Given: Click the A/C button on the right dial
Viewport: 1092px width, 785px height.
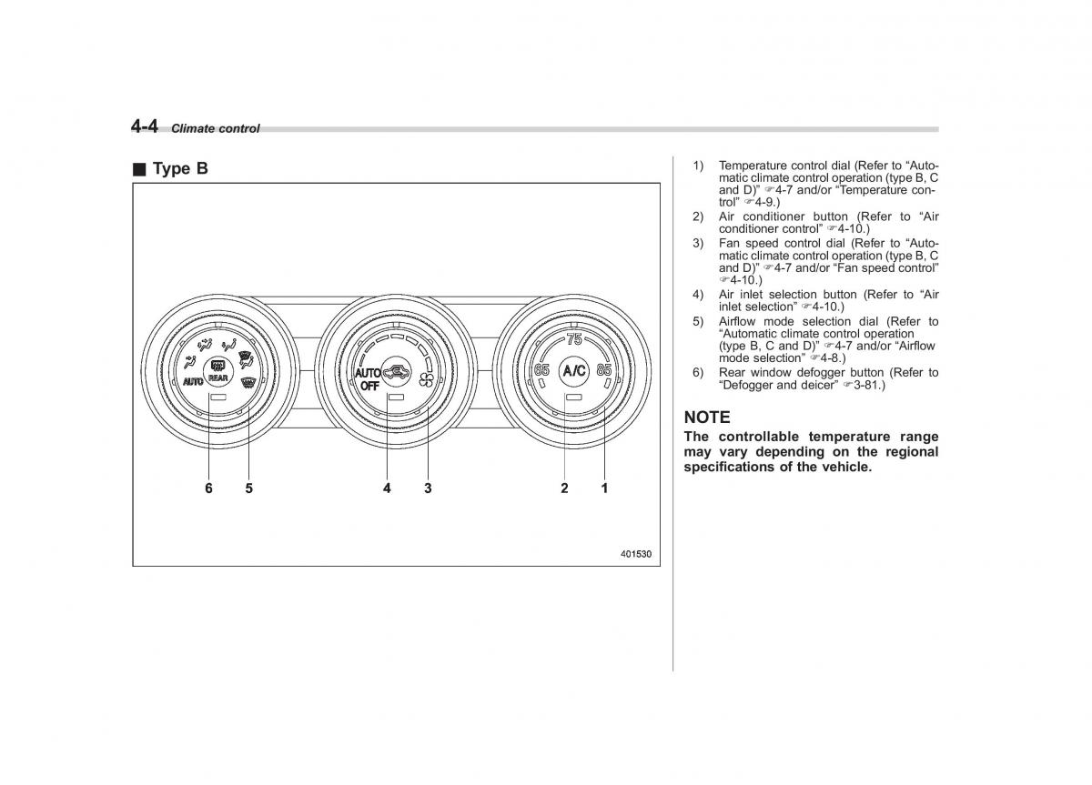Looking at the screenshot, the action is pyautogui.click(x=574, y=371).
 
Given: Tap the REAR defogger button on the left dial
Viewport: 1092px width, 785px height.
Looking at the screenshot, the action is pyautogui.click(x=217, y=372).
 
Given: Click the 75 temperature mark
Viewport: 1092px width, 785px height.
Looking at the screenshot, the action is pyautogui.click(x=574, y=339).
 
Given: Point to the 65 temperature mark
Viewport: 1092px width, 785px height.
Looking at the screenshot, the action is pyautogui.click(x=541, y=370).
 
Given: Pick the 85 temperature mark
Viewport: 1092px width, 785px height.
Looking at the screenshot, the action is pyautogui.click(x=604, y=370).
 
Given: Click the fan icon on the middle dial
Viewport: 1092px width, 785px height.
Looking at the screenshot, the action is pyautogui.click(x=426, y=380).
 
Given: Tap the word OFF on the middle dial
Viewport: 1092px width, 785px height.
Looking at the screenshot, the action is pyautogui.click(x=369, y=386).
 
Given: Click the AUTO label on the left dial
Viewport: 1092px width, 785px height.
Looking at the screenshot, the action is pyautogui.click(x=193, y=381).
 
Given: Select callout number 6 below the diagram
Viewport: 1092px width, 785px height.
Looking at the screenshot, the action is pyautogui.click(x=208, y=488).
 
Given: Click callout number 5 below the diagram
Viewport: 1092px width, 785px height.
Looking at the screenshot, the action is pyautogui.click(x=249, y=488).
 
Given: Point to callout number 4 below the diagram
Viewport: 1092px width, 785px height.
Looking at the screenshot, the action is pyautogui.click(x=387, y=488).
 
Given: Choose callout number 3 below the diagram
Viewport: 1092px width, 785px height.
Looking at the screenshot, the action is pyautogui.click(x=428, y=488).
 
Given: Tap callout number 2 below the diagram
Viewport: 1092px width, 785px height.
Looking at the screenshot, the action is pyautogui.click(x=564, y=488).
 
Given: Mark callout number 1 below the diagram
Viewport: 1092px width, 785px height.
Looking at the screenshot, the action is pyautogui.click(x=604, y=488).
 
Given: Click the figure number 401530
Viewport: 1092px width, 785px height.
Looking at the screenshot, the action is pyautogui.click(x=636, y=554).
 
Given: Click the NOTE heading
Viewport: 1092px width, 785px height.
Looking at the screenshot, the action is pyautogui.click(x=707, y=418).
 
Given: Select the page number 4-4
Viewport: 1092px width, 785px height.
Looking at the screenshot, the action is pyautogui.click(x=145, y=126).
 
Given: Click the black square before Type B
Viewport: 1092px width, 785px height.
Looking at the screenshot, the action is pyautogui.click(x=139, y=169).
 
